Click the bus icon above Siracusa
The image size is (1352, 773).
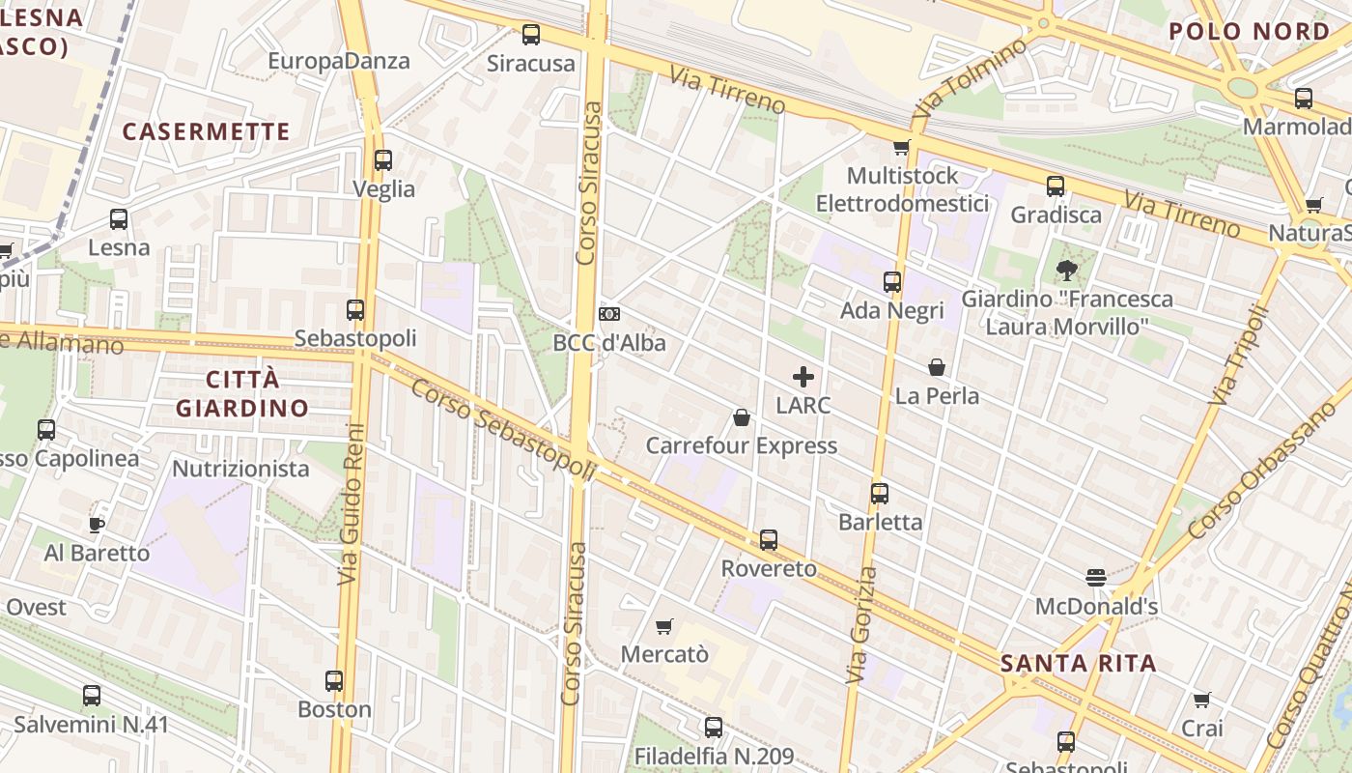point(531,35)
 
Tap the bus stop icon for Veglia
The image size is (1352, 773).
point(383,160)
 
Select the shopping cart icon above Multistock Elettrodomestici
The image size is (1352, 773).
point(901,147)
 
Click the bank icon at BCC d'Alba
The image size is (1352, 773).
point(608,313)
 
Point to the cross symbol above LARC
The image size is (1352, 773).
point(803,377)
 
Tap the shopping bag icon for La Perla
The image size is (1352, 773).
point(937,367)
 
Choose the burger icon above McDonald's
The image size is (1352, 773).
point(1095,578)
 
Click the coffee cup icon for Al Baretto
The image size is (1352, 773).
point(97,525)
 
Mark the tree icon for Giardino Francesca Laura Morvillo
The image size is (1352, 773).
point(1066,270)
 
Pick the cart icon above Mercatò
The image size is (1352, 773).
point(663,627)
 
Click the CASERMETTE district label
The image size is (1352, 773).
point(207,131)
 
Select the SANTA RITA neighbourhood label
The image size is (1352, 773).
point(1078,664)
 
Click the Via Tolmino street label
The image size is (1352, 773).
point(970,77)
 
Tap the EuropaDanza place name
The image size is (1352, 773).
point(339,61)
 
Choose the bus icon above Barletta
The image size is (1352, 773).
point(879,494)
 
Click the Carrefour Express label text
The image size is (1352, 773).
point(741,445)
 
